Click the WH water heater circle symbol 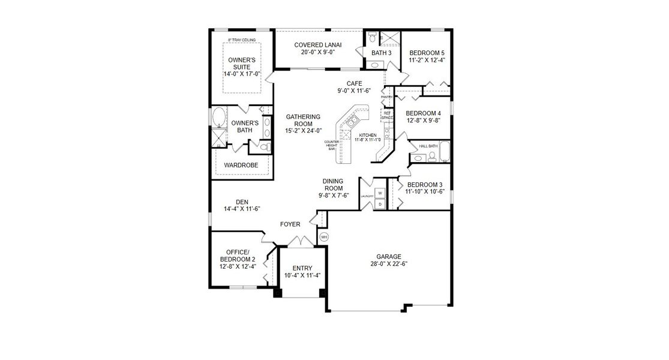(324, 237)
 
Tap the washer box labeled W (380, 193)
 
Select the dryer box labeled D (380, 204)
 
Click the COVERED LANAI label (317, 45)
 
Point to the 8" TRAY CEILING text (242, 40)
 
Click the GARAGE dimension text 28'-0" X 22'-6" (389, 264)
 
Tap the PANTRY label (386, 96)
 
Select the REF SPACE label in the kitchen (387, 115)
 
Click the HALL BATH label (428, 146)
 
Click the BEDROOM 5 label (427, 53)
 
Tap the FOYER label (290, 224)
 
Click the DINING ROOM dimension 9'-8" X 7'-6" (332, 195)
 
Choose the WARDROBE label (241, 164)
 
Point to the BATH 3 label (381, 53)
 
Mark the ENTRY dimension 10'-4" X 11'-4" (302, 276)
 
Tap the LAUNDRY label (368, 196)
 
